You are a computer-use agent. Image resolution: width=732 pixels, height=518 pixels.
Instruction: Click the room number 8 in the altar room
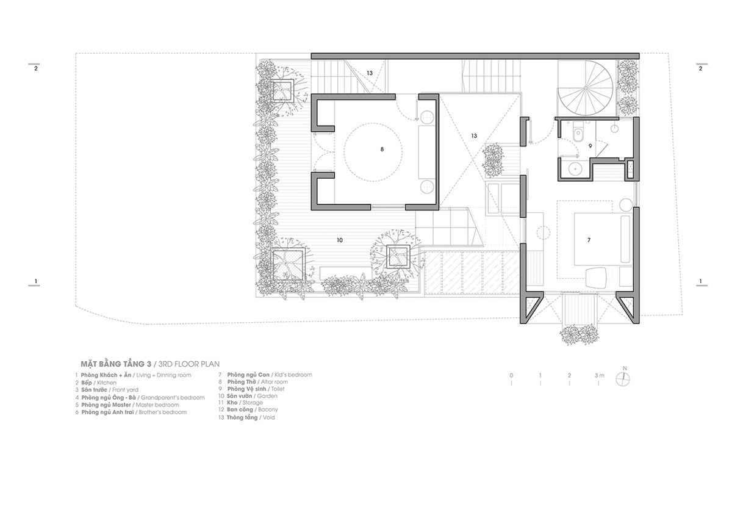point(382,148)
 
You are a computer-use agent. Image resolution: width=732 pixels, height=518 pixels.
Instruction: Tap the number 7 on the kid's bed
point(589,240)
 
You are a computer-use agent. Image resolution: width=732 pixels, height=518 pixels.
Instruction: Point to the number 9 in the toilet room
point(590,146)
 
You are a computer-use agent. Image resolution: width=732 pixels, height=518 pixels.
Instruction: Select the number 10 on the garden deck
point(340,240)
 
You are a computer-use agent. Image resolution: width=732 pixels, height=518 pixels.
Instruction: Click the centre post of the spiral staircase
point(584,88)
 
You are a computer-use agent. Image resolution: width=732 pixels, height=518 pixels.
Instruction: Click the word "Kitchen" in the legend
point(106,382)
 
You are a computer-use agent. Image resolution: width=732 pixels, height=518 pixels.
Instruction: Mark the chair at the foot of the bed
point(595,278)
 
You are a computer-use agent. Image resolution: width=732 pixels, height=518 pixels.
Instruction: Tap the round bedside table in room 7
point(626,203)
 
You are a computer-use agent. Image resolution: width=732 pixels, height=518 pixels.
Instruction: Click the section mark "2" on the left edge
point(36,69)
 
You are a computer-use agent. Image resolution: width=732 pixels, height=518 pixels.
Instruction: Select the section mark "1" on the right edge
point(700,282)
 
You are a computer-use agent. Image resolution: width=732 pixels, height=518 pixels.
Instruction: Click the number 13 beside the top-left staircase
point(370,73)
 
